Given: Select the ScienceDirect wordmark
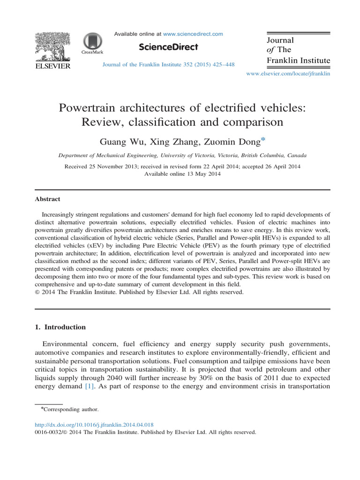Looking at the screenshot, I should tap(169, 47).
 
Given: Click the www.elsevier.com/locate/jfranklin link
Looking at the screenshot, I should tap(288, 74).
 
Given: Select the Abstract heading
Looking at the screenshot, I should tap(47, 199).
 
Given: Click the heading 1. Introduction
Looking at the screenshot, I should tap(60, 327).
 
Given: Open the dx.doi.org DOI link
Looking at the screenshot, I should tap(94, 424).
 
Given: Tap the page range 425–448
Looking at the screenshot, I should tap(224, 65).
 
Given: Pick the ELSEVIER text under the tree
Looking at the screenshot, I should tap(54, 66).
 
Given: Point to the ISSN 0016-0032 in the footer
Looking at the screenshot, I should tap(50, 433).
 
